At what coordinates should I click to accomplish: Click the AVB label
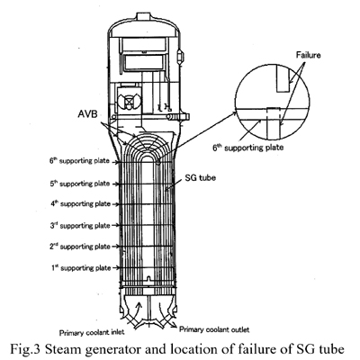[87, 113]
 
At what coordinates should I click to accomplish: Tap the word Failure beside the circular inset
[308, 55]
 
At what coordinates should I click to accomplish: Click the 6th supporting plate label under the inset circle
[248, 148]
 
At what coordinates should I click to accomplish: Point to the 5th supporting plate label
[80, 184]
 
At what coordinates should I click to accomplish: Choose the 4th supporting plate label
[80, 204]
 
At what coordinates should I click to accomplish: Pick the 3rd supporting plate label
[80, 225]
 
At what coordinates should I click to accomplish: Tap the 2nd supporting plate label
[80, 247]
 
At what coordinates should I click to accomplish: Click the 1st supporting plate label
[81, 268]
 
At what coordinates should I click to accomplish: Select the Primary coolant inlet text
[92, 333]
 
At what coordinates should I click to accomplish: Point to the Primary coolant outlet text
[214, 329]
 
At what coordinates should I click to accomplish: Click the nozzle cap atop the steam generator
[144, 16]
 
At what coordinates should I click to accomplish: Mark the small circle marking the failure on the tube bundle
[158, 162]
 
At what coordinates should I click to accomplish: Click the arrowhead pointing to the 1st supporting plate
[117, 268]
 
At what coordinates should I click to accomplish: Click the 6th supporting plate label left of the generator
[79, 161]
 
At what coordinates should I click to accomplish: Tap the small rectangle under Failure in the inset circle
[283, 79]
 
